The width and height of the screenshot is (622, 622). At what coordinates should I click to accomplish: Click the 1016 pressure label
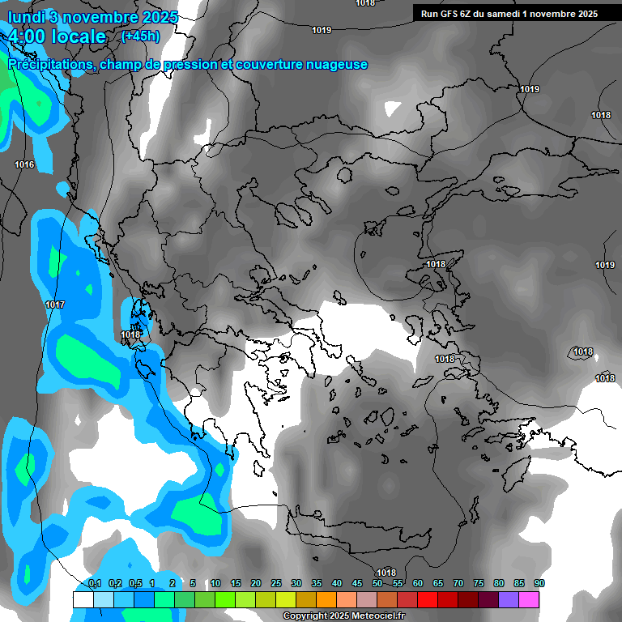pyautogui.click(x=24, y=164)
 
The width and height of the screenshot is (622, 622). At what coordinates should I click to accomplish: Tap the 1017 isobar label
pyautogui.click(x=55, y=305)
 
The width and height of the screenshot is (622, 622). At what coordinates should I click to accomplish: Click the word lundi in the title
pyautogui.click(x=27, y=17)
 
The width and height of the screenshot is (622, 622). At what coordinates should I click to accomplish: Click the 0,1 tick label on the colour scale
pyautogui.click(x=94, y=583)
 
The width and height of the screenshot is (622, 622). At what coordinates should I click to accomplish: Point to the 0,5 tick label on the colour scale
pyautogui.click(x=134, y=583)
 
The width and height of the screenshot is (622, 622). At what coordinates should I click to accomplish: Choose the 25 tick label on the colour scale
pyautogui.click(x=276, y=583)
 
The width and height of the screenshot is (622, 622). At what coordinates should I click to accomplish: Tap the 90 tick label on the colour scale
pyautogui.click(x=539, y=583)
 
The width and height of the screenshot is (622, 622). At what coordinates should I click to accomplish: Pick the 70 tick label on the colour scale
pyautogui.click(x=458, y=583)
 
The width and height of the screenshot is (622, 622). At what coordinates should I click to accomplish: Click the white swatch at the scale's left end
pyautogui.click(x=83, y=599)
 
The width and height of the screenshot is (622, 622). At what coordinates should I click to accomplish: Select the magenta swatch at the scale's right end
pyautogui.click(x=529, y=599)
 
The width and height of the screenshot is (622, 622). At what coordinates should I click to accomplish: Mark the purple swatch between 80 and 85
pyautogui.click(x=509, y=599)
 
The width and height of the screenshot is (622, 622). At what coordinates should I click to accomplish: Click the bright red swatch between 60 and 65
pyautogui.click(x=428, y=599)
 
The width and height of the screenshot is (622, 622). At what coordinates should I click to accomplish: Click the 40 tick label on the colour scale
pyautogui.click(x=337, y=583)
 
